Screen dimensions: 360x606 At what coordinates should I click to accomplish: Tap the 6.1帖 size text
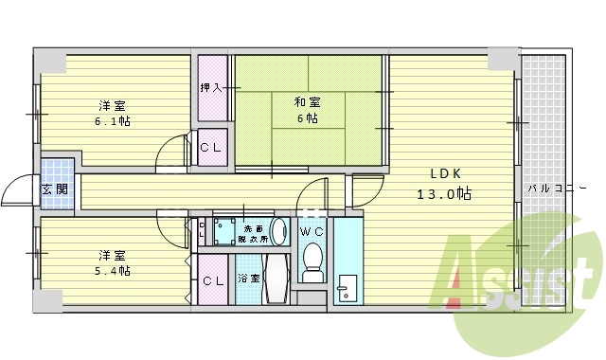(x=112, y=121)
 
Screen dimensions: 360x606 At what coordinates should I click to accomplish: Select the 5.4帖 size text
(x=112, y=270)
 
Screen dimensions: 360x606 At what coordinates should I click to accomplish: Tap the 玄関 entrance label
(x=54, y=189)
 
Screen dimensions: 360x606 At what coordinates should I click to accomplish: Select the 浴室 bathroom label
(x=248, y=279)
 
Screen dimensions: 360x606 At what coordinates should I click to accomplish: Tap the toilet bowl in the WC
(x=312, y=261)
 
